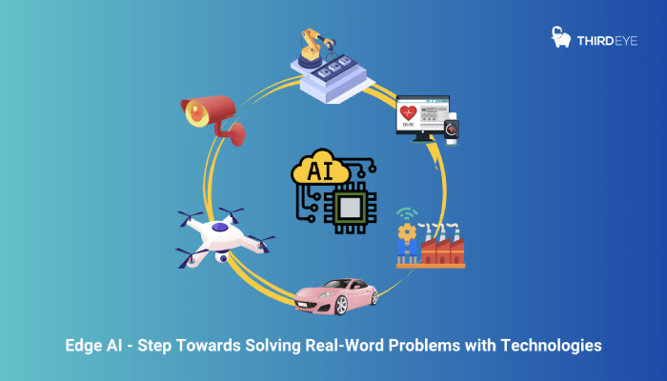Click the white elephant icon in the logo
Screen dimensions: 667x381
(562, 36)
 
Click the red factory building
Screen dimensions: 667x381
(444, 250)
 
